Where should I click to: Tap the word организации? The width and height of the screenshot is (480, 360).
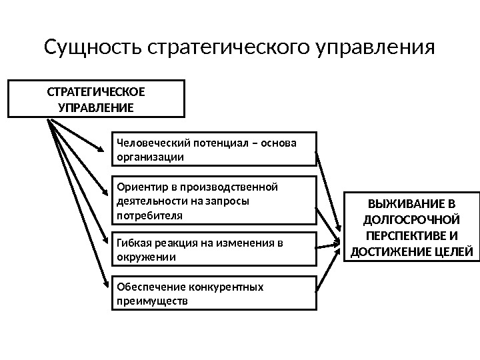point(148,157)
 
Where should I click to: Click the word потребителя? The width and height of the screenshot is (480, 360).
point(148,215)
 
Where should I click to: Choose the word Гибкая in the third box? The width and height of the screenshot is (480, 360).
point(132,242)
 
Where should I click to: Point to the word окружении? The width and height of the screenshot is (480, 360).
point(145,257)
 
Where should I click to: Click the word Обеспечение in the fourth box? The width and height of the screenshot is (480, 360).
point(148,287)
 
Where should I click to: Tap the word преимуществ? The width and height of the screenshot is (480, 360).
point(151,301)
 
